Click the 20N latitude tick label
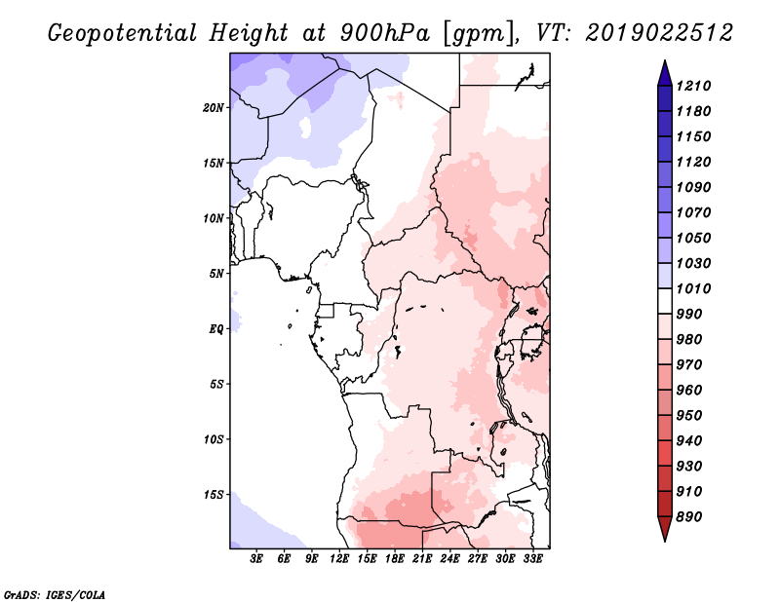point(214,107)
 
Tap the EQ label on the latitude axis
point(216,328)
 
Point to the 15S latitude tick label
point(214,494)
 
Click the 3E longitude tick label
point(257,559)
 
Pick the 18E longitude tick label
point(395,559)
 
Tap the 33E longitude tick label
point(533,559)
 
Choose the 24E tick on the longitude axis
point(450,559)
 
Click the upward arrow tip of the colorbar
point(663,63)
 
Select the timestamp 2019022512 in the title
point(660,33)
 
